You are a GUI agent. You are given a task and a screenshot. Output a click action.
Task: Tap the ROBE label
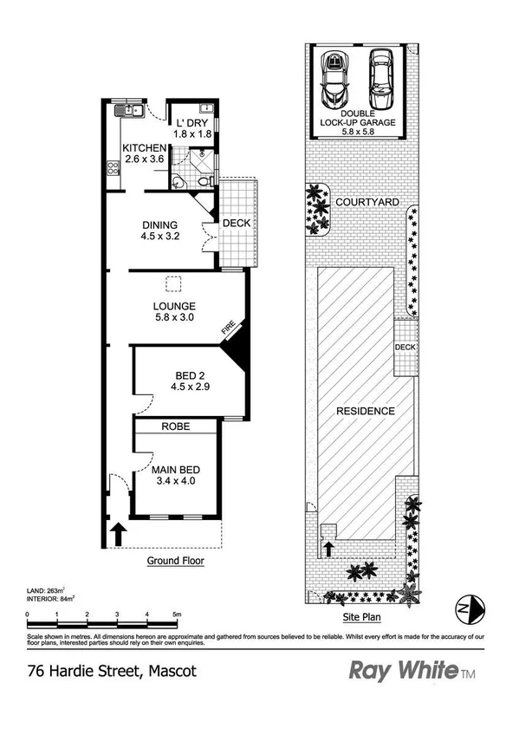point(176,426)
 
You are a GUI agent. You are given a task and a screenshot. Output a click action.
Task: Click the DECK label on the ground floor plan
point(237,223)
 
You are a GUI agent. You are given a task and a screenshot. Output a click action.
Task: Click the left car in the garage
point(334,79)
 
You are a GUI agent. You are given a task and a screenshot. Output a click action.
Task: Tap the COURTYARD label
point(368,202)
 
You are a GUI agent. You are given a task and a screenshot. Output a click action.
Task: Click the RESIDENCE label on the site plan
point(366,411)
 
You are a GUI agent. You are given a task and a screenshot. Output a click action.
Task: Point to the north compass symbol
point(468,608)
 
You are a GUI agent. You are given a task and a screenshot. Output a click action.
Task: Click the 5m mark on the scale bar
point(176,615)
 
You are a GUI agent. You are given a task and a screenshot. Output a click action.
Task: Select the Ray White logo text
point(402,670)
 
